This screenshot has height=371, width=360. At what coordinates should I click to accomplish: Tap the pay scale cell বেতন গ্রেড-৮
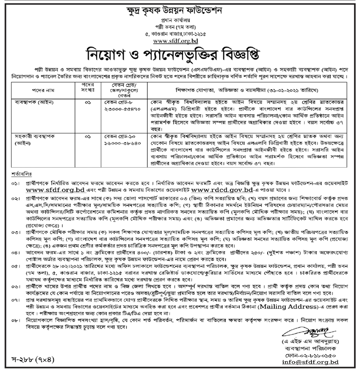(118, 101)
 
